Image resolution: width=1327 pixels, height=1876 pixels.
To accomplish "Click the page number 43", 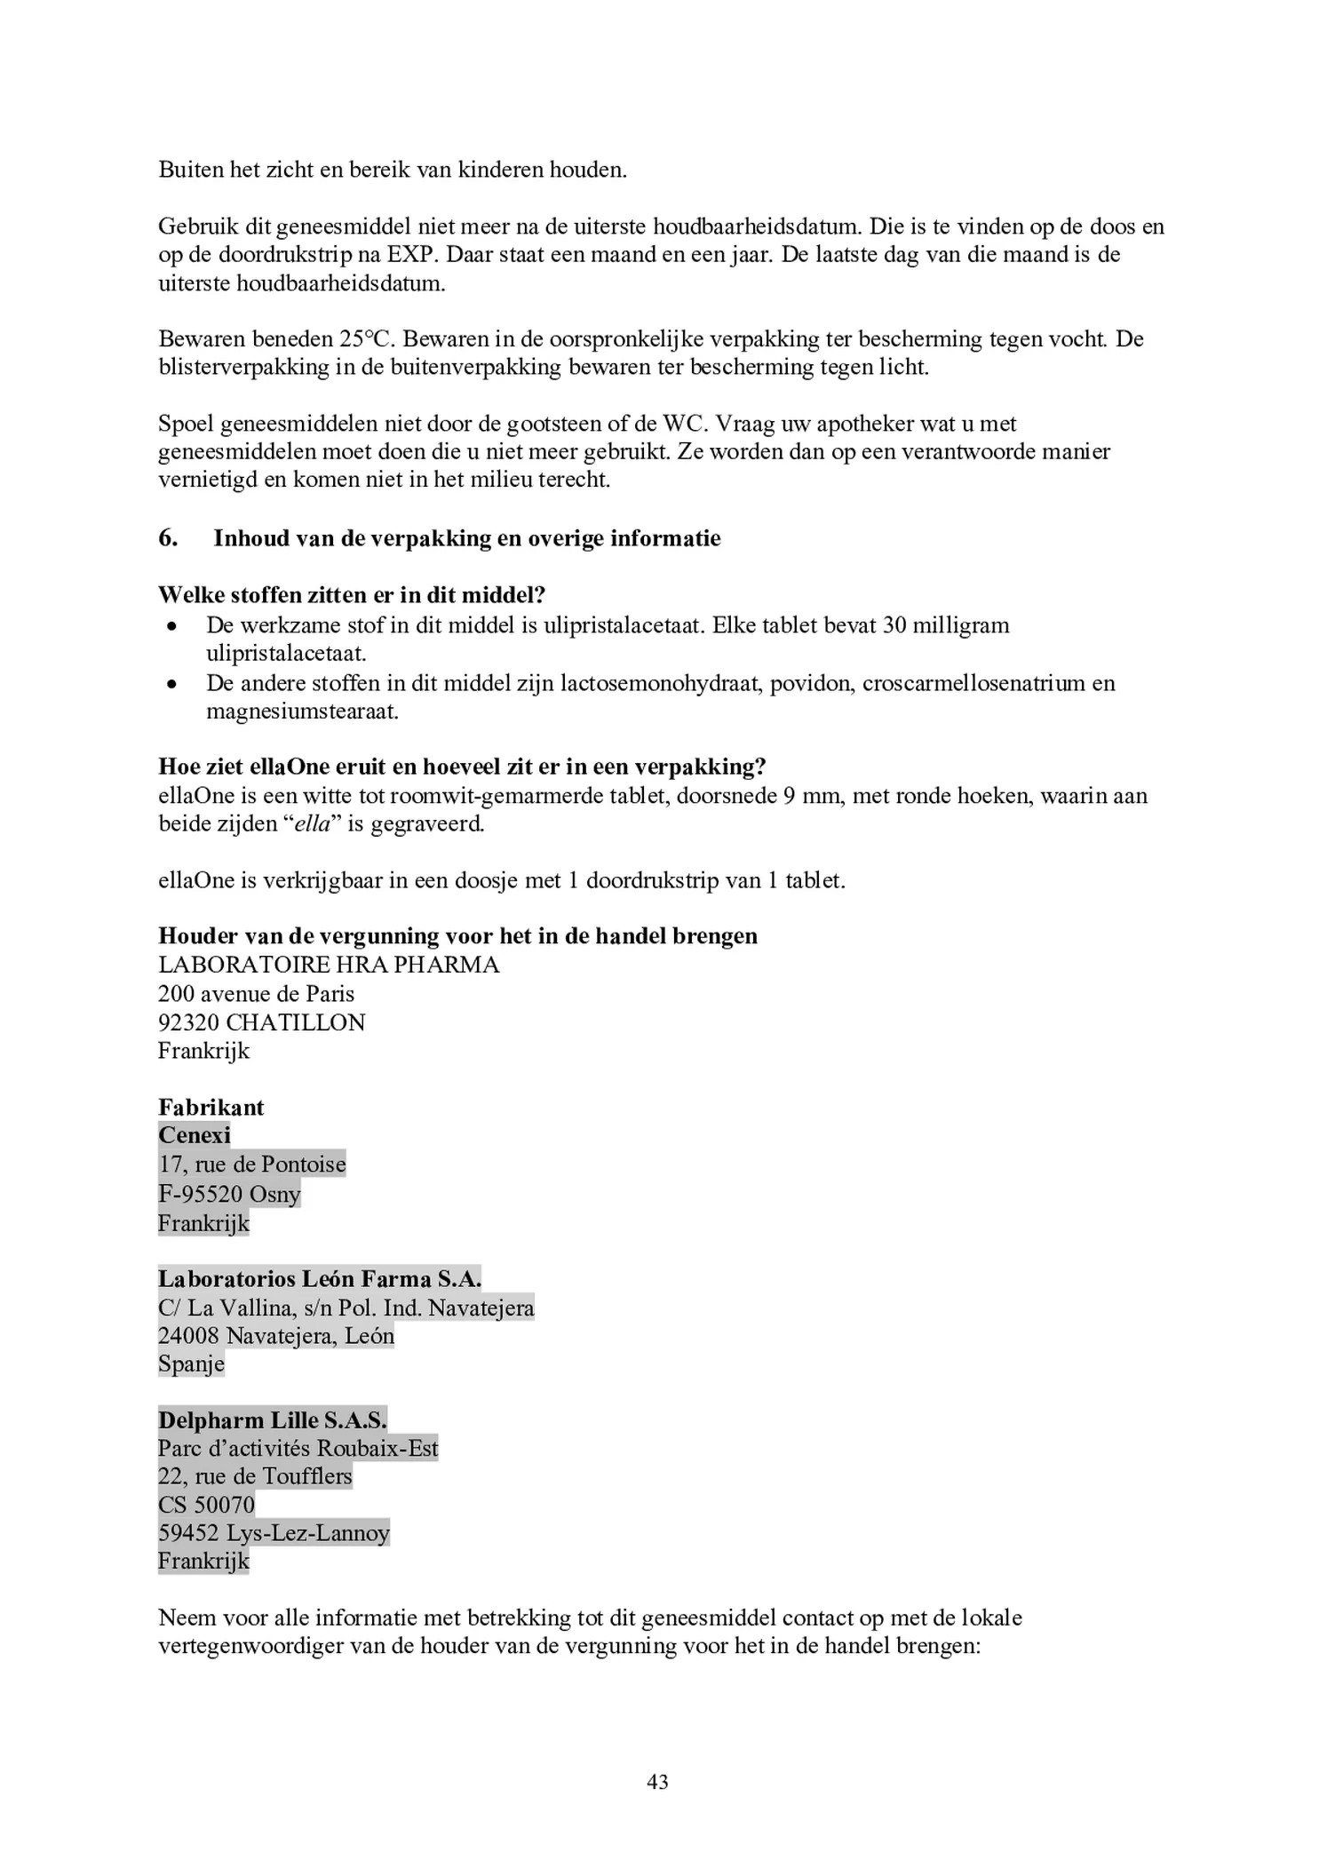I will coord(657,1781).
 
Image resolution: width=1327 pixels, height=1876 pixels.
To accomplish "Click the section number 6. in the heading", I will coord(168,538).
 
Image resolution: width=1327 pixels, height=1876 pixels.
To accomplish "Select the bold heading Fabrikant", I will coord(211,1107).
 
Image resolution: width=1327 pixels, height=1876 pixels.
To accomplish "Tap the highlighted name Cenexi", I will coord(195,1135).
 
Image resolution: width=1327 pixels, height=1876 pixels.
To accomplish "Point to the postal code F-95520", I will coord(201,1194).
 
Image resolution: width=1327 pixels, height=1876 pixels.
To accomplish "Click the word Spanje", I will coord(191,1363).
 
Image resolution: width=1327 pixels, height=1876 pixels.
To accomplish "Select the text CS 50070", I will coord(206,1505).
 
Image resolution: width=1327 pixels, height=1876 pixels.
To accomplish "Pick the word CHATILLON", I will coord(296,1022).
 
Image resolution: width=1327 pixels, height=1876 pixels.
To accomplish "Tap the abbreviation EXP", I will coord(412,255).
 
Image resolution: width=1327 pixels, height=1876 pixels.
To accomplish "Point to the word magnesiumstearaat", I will coord(302,711).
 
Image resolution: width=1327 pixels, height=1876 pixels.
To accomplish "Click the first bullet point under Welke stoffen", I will coord(172,626).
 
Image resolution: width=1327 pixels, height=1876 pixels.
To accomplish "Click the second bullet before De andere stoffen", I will coord(172,684).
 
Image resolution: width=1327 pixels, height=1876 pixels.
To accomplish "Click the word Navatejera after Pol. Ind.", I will coord(481,1308).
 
